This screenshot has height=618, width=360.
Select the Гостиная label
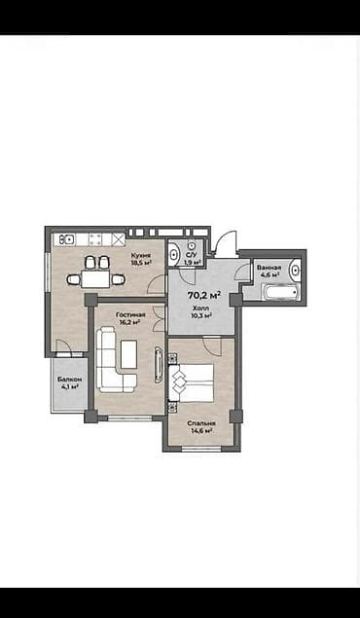point(130,314)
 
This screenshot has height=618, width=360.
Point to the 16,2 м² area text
point(130,322)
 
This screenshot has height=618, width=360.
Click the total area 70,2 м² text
point(203,294)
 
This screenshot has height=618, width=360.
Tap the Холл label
point(200,307)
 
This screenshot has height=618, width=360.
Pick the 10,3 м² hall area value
point(200,314)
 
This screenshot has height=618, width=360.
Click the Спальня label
point(202,423)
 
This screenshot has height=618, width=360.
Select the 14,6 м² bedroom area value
point(202,431)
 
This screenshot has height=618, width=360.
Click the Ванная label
point(270,267)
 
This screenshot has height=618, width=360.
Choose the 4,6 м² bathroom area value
point(270,274)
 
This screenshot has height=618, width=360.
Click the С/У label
point(192,254)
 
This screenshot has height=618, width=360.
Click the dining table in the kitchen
point(96,278)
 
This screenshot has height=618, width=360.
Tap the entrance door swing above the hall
point(224,243)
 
